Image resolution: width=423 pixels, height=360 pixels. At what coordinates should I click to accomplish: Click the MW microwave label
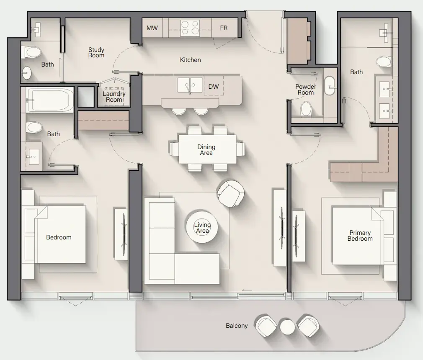(152, 28)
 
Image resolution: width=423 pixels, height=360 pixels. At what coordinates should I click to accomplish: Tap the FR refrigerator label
(224, 28)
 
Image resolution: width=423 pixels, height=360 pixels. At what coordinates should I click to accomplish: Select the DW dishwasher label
(214, 87)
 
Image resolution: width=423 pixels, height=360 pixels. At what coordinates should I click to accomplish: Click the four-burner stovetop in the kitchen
(190, 28)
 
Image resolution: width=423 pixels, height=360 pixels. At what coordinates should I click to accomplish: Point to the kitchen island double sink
(190, 85)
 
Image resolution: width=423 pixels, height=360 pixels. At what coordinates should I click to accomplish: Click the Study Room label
(96, 53)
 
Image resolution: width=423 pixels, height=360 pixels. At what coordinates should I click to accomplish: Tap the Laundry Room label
(114, 97)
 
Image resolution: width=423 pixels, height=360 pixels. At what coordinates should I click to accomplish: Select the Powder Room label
(306, 90)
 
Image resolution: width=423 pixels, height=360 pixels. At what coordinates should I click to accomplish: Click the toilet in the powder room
(306, 109)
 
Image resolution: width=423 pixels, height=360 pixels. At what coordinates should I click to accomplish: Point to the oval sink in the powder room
(329, 86)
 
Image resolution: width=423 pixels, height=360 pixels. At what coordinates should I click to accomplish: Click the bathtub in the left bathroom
(50, 100)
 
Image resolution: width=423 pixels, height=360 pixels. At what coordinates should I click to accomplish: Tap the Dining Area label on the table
(206, 150)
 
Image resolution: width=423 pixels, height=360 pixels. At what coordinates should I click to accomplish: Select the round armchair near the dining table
(231, 194)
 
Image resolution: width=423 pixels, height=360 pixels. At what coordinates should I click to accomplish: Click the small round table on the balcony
(287, 327)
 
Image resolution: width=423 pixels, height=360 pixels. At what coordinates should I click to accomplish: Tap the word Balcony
(237, 326)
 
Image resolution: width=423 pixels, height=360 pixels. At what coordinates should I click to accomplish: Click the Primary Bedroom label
(360, 236)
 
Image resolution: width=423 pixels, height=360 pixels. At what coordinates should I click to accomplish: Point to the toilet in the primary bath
(384, 62)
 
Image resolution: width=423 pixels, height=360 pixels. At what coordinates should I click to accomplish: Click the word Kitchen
(190, 60)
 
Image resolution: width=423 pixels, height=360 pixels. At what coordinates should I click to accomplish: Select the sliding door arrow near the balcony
(247, 290)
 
